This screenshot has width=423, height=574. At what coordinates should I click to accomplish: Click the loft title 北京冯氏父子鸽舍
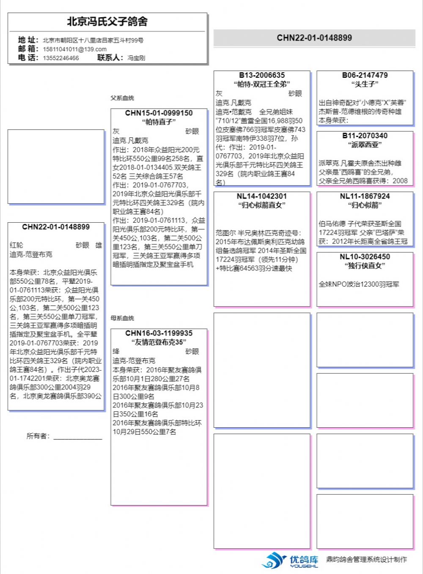(x=107, y=22)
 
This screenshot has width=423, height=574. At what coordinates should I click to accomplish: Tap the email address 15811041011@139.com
(x=74, y=49)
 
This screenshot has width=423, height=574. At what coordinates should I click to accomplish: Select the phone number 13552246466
(x=60, y=58)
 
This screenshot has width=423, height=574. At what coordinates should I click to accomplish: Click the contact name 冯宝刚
(x=136, y=58)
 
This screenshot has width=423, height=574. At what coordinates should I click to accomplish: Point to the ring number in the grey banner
(x=314, y=38)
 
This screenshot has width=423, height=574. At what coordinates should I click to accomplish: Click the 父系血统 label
(x=122, y=98)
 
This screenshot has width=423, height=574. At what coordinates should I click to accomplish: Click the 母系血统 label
(x=122, y=318)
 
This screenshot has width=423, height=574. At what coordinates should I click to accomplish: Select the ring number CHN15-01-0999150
(x=159, y=113)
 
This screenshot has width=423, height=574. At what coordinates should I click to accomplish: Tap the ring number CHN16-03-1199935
(x=159, y=333)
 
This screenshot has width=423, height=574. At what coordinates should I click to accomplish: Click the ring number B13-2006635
(x=262, y=75)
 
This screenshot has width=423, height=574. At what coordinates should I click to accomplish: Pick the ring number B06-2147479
(x=365, y=75)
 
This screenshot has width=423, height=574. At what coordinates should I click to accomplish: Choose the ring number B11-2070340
(x=365, y=136)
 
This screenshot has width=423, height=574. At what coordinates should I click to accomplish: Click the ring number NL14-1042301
(x=262, y=196)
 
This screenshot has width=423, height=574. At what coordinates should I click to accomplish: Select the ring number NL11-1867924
(x=365, y=196)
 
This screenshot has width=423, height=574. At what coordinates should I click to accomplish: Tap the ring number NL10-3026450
(x=365, y=257)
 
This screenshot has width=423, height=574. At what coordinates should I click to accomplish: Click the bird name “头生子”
(x=365, y=84)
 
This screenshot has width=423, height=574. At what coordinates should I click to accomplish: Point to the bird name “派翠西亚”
(x=365, y=145)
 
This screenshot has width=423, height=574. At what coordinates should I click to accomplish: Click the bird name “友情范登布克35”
(x=159, y=342)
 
